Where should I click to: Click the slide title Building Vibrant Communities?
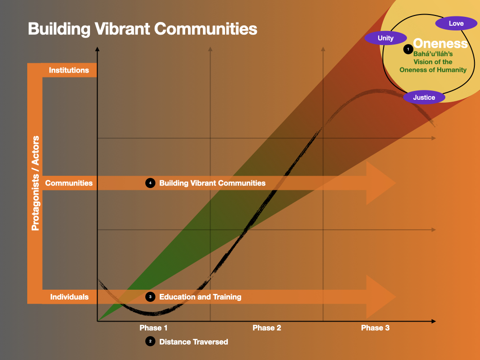[142, 29]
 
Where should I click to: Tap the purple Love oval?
[456, 23]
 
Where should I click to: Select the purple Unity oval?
[386, 38]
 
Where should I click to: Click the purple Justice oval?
[424, 97]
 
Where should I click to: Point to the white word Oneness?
[441, 44]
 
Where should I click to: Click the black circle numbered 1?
[408, 48]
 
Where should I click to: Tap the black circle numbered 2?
[150, 342]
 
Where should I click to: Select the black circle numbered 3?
[150, 297]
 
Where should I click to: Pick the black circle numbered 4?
[150, 183]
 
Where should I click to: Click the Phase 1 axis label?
[154, 328]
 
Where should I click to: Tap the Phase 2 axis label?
[267, 328]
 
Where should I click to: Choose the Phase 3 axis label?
[375, 328]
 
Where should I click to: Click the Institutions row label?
[69, 70]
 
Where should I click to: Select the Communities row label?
[69, 183]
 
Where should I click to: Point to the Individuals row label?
[69, 297]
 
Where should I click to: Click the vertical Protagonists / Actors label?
[35, 183]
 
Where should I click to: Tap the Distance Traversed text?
[194, 342]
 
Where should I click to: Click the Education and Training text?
[200, 297]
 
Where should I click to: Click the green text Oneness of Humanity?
[433, 70]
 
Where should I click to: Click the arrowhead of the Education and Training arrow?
[382, 297]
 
